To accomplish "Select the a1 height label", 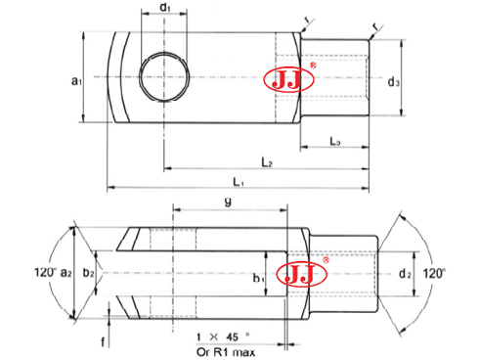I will pyautogui.click(x=75, y=83).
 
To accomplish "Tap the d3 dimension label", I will pyautogui.click(x=392, y=82).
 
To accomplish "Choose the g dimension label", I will pyautogui.click(x=228, y=202).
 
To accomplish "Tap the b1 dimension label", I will pyautogui.click(x=258, y=279).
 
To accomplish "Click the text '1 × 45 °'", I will pyautogui.click(x=223, y=337).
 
